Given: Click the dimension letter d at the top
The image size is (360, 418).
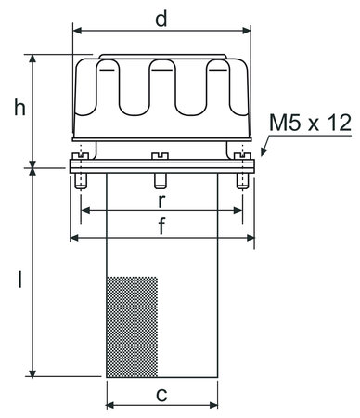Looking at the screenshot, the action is click(161, 19).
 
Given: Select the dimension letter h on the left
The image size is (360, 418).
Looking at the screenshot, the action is click(20, 109).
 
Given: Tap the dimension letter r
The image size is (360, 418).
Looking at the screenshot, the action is click(161, 202).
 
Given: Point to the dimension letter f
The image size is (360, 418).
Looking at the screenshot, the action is click(161, 226).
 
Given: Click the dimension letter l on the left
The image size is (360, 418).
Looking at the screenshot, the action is click(20, 280).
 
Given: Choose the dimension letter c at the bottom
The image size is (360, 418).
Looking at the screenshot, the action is click(161, 396).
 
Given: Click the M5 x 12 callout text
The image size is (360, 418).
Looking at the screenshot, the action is click(310, 123).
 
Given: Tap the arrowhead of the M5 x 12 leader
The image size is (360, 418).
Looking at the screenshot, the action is click(264, 151).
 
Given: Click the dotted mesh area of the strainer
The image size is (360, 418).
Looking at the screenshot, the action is click(132, 327).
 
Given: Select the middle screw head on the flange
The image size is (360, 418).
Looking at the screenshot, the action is click(160, 156).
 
